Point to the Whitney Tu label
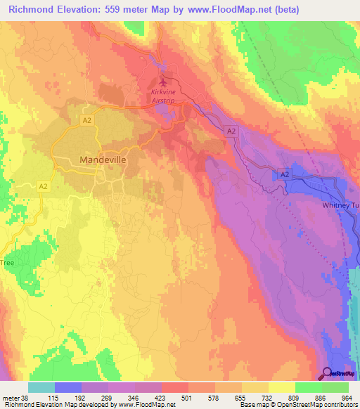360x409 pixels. [340, 204]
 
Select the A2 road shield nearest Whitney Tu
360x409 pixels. [284, 174]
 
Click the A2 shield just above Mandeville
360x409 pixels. [87, 121]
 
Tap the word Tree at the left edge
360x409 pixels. [7, 262]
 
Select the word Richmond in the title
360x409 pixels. [32, 10]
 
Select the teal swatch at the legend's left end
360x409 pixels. [41, 387]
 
